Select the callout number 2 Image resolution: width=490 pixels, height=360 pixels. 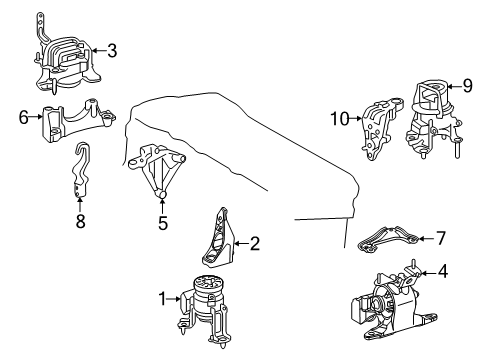[254, 243]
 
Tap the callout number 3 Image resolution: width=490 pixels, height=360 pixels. [111, 49]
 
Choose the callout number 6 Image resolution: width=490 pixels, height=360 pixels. [24, 116]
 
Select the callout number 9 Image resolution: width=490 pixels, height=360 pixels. [466, 86]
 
